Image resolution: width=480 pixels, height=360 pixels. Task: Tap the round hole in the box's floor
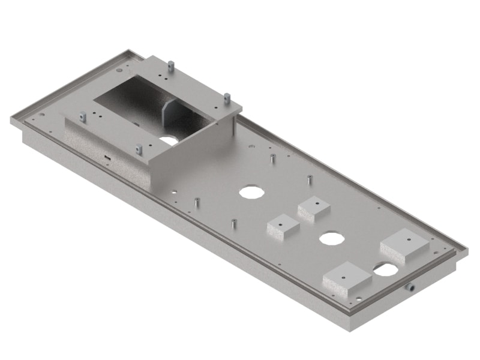(169, 140)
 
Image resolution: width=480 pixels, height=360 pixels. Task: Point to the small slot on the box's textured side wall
(107, 158)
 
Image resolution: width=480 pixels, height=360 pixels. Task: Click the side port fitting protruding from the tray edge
(412, 287)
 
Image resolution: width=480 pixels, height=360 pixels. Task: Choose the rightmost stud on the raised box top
(227, 97)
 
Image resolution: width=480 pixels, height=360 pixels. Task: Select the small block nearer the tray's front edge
(283, 227)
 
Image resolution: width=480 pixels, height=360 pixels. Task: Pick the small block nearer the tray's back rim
(314, 208)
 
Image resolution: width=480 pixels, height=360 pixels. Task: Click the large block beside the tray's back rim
(404, 245)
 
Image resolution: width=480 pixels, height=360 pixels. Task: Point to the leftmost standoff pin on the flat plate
(196, 203)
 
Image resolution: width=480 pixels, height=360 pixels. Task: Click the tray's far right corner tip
(467, 248)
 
